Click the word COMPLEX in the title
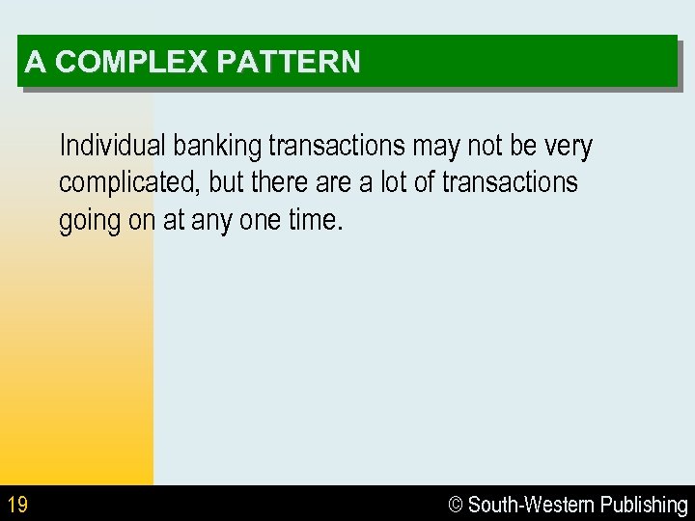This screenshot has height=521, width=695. point(130,63)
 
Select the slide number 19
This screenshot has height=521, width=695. point(16,504)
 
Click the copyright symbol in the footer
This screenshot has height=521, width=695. point(457,505)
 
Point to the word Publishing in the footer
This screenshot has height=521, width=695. point(644,505)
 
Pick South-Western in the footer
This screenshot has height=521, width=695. point(531,505)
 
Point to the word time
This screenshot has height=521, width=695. point(315,220)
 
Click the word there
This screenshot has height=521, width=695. point(280,182)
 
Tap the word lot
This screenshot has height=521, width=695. point(394,182)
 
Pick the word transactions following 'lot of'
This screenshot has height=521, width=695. point(510,182)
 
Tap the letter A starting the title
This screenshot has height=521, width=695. point(35,63)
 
